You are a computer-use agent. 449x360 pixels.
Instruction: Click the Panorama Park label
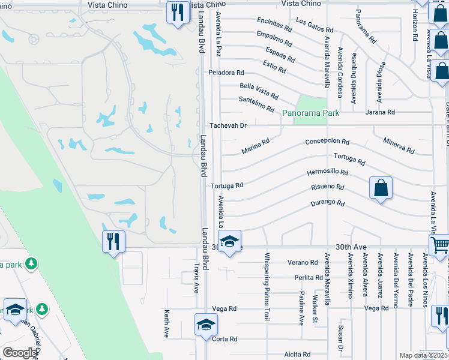311,113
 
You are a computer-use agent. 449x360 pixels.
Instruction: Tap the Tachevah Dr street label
228,126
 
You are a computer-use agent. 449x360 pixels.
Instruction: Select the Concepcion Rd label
327,142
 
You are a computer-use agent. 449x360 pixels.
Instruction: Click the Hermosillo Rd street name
327,172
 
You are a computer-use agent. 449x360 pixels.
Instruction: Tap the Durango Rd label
327,203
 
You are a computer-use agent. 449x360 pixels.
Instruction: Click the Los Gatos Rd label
315,25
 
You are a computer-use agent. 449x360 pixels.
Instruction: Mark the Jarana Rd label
382,112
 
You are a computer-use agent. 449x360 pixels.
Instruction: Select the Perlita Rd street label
309,278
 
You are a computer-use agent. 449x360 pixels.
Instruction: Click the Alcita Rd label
297,355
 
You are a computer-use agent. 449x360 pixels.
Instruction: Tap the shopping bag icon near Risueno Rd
381,188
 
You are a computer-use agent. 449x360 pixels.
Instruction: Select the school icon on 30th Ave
229,242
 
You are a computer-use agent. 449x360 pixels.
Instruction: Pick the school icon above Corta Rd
206,325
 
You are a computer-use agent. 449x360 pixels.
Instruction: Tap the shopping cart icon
439,245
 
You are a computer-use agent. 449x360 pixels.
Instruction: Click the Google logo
19,353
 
